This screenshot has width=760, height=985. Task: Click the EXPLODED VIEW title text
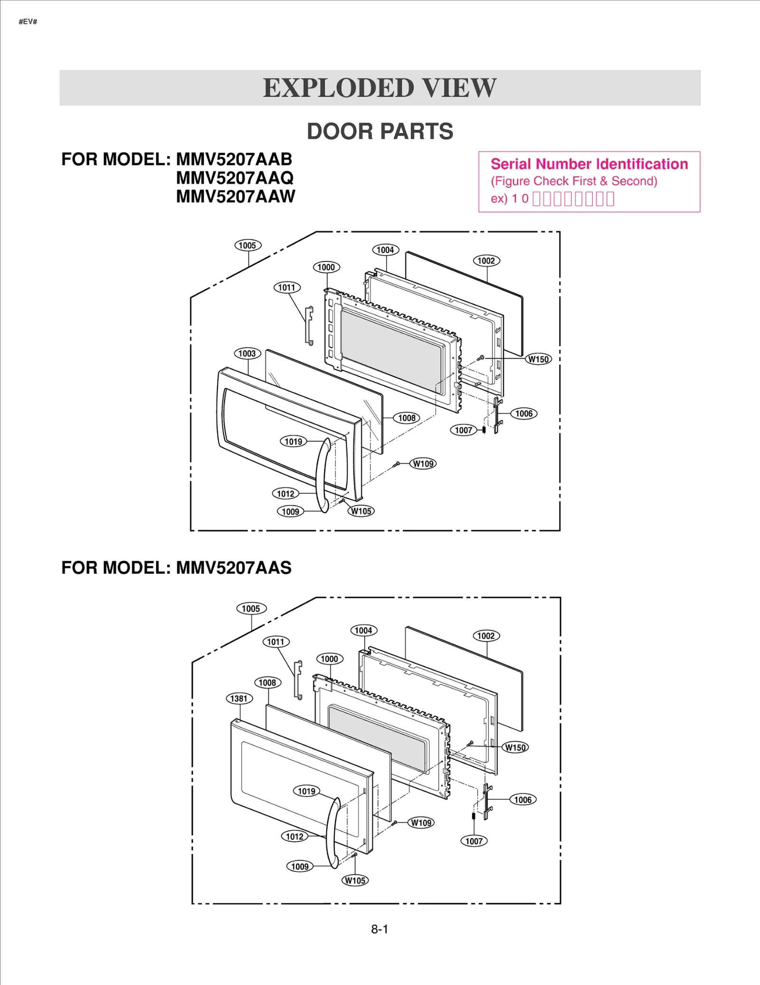(x=380, y=88)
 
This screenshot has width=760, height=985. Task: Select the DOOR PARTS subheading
(x=380, y=132)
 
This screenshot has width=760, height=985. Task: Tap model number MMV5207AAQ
(x=235, y=178)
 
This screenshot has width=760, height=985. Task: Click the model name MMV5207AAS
(x=233, y=568)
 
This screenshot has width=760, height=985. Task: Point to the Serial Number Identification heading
(x=589, y=164)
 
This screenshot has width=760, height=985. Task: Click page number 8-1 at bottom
(x=380, y=929)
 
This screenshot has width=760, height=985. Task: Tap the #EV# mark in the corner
(x=28, y=22)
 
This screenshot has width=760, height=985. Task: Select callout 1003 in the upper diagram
(x=247, y=354)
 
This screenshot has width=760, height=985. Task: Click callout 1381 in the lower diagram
(x=239, y=698)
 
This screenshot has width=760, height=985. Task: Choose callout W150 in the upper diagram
(x=539, y=359)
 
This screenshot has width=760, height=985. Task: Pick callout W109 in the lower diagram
(x=421, y=823)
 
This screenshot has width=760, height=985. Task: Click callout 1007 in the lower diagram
(x=474, y=842)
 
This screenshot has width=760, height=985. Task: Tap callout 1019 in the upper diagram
(x=293, y=441)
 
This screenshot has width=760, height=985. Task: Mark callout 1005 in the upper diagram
(x=247, y=246)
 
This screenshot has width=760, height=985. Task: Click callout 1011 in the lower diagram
(x=275, y=642)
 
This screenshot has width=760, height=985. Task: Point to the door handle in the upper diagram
(x=323, y=475)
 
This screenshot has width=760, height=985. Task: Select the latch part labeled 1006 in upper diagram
(x=497, y=415)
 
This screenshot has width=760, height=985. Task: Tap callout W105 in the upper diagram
(x=361, y=511)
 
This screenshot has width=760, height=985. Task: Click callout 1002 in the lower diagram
(x=486, y=636)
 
